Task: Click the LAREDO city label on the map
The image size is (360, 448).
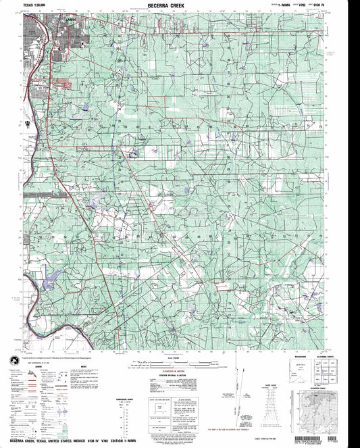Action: coord(47,18)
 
